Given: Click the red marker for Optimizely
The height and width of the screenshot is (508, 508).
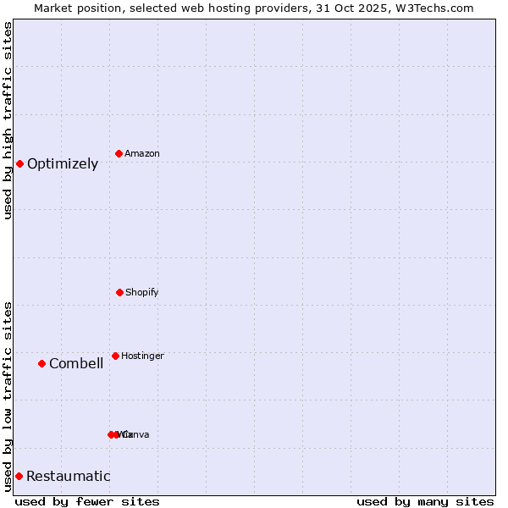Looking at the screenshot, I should (x=19, y=163).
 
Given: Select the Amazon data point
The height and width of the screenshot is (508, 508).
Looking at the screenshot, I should (x=119, y=153).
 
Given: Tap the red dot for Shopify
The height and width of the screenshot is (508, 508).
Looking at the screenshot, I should (x=119, y=292).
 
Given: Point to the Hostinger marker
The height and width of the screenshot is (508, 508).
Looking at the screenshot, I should (x=115, y=356).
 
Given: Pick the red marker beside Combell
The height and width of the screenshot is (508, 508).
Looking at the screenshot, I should (x=41, y=363).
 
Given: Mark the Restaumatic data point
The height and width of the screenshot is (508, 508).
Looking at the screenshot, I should (x=19, y=476).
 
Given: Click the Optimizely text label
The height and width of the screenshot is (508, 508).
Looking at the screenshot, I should (x=63, y=164).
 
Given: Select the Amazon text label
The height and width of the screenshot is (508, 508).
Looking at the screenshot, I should (x=142, y=154).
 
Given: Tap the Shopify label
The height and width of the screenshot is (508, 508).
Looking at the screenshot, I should (x=142, y=293).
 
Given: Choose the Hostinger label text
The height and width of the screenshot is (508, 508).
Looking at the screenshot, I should (x=142, y=356).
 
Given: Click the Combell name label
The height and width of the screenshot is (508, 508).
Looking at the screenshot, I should (x=76, y=364).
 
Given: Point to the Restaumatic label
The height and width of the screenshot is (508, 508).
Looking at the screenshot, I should (x=69, y=477).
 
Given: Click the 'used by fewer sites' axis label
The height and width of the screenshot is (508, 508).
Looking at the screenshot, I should (x=87, y=502).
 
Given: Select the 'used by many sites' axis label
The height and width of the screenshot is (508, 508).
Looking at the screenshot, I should (x=425, y=502).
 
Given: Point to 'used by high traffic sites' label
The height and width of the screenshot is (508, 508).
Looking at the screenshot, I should (x=8, y=120).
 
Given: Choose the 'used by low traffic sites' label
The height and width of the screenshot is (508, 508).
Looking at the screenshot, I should (x=8, y=396).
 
